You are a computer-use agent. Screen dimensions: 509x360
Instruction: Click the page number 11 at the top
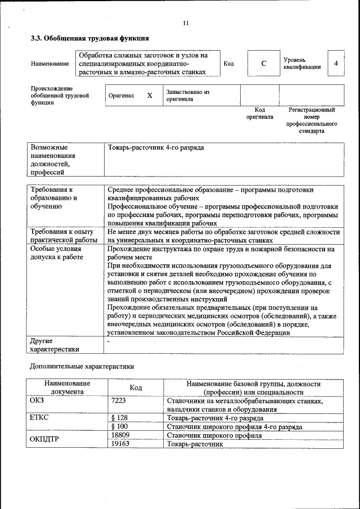(186, 23)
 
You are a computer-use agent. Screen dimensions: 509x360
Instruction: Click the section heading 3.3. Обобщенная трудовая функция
(89, 39)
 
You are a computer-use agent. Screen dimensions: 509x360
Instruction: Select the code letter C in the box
(263, 64)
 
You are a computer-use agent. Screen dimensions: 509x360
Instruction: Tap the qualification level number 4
(336, 64)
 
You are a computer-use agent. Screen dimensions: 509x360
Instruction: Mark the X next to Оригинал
(150, 96)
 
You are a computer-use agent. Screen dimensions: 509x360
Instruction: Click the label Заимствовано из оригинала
(187, 95)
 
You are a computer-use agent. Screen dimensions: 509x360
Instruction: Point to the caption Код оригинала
(259, 114)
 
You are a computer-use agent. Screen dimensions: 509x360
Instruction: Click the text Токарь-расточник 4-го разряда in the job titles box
(156, 147)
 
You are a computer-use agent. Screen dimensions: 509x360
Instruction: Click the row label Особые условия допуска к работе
(56, 253)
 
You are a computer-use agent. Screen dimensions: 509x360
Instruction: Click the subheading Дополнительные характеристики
(82, 366)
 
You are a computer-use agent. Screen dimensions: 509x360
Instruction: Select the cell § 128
(120, 418)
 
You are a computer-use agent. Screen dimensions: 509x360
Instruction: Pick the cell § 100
(120, 427)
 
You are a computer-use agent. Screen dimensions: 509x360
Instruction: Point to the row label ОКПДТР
(46, 439)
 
